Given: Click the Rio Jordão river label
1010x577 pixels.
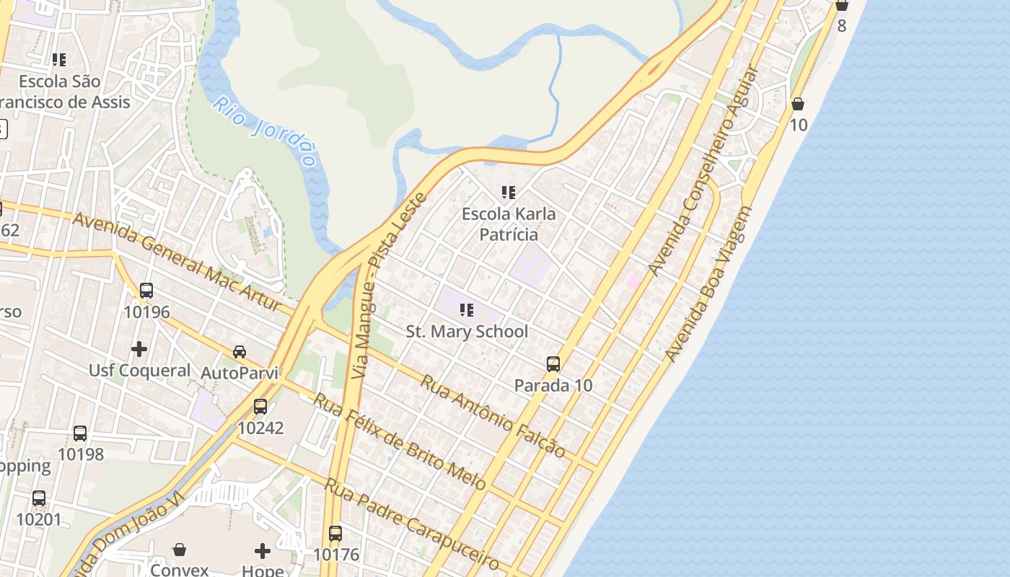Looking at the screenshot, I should (x=265, y=131).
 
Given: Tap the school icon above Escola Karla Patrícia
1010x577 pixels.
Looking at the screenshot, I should (x=509, y=193).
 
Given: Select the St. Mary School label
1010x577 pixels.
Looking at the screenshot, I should (x=467, y=332).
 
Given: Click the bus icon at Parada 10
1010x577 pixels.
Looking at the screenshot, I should (x=553, y=364).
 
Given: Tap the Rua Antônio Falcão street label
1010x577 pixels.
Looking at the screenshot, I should (x=493, y=416).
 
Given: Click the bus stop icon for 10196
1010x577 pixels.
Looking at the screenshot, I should (x=146, y=291).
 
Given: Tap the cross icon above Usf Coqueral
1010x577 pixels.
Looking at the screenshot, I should (x=139, y=349).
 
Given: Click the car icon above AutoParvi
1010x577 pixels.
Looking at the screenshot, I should (x=239, y=352).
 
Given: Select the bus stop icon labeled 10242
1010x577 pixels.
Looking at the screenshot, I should (x=260, y=407).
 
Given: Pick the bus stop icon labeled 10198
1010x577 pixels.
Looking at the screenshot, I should (x=80, y=433).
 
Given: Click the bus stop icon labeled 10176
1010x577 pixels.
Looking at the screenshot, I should (x=335, y=534).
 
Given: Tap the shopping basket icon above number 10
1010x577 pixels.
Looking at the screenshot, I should (x=798, y=104).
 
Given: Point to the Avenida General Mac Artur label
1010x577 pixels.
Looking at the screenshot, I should (x=177, y=262).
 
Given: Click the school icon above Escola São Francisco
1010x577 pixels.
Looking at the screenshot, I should (x=59, y=60).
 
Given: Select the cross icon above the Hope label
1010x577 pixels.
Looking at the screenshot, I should (x=263, y=551).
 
